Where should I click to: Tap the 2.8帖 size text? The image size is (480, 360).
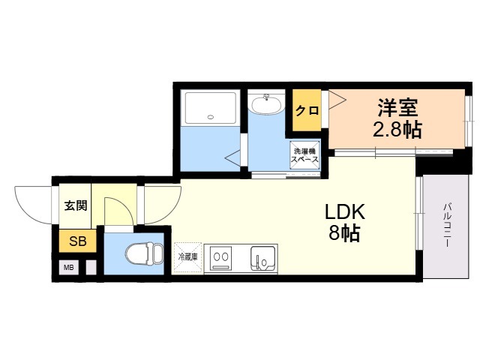(397, 130)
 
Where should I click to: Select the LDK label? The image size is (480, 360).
(343, 212)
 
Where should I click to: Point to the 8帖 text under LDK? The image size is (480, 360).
(343, 233)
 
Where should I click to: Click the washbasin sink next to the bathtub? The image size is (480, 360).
(265, 106)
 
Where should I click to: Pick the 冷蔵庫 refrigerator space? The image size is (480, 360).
(187, 257)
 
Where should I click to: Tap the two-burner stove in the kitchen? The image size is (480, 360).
(222, 258)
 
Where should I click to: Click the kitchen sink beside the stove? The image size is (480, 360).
(263, 258)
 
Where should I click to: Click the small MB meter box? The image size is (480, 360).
(68, 267)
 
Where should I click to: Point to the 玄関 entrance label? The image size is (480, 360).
(75, 205)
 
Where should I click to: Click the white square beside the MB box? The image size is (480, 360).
(91, 267)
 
